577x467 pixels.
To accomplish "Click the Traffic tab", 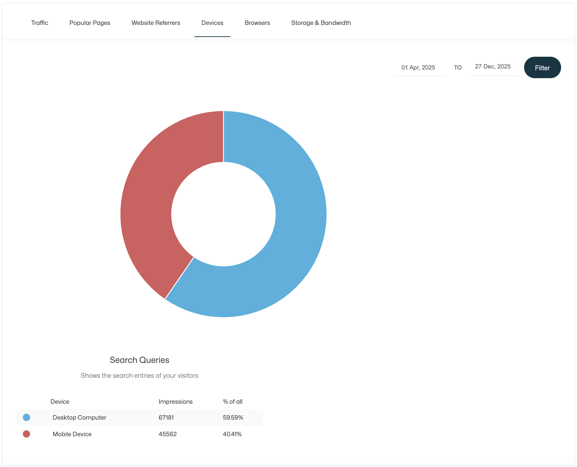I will [x=39, y=23].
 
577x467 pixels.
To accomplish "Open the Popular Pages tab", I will [x=90, y=23].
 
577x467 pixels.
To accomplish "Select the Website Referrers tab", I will [x=156, y=23].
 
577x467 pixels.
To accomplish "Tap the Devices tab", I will [x=212, y=23].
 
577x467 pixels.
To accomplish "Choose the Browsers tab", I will [x=257, y=23].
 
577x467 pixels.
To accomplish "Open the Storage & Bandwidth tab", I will [x=321, y=23].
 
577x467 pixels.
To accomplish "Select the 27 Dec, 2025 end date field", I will [x=493, y=66].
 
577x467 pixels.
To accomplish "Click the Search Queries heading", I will [x=139, y=360].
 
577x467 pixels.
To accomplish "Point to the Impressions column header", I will [x=175, y=402].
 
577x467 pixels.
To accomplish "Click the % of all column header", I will [x=232, y=402].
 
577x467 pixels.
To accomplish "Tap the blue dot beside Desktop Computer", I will [x=26, y=418].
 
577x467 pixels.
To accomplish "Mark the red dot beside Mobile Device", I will [x=26, y=434].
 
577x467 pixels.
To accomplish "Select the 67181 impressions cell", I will [x=166, y=418].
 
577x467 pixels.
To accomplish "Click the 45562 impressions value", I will [x=167, y=434].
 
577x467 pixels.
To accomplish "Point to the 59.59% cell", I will [x=233, y=418].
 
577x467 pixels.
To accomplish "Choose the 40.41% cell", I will [x=232, y=434].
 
